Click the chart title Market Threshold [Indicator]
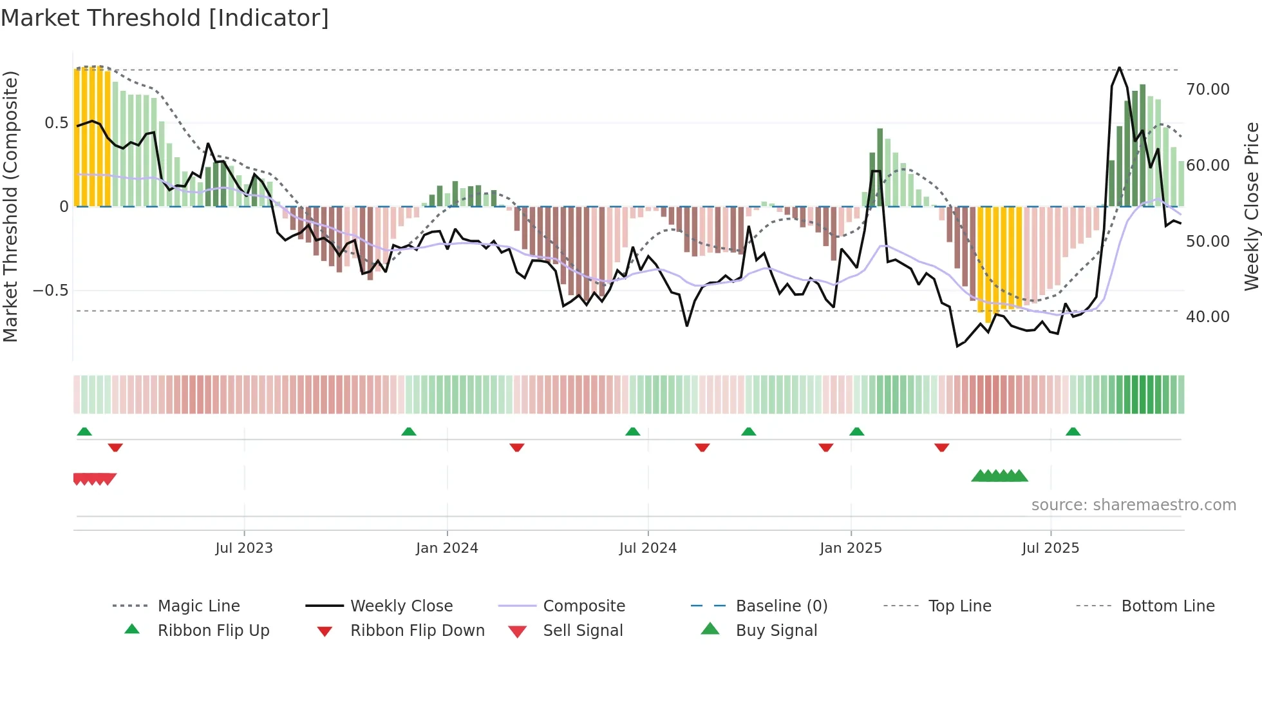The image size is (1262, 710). pyautogui.click(x=165, y=18)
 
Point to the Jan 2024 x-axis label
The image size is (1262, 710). pyautogui.click(x=447, y=548)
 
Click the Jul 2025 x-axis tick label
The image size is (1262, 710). pyautogui.click(x=1050, y=548)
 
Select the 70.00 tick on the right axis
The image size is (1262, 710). pyautogui.click(x=1207, y=90)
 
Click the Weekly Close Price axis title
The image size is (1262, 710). pyautogui.click(x=1251, y=206)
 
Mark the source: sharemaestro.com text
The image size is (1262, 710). pyautogui.click(x=1133, y=505)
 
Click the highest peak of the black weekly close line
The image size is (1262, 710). pyautogui.click(x=1120, y=68)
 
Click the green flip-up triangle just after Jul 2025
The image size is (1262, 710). pyautogui.click(x=1073, y=432)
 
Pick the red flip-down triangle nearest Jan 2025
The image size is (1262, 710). pyautogui.click(x=826, y=447)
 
